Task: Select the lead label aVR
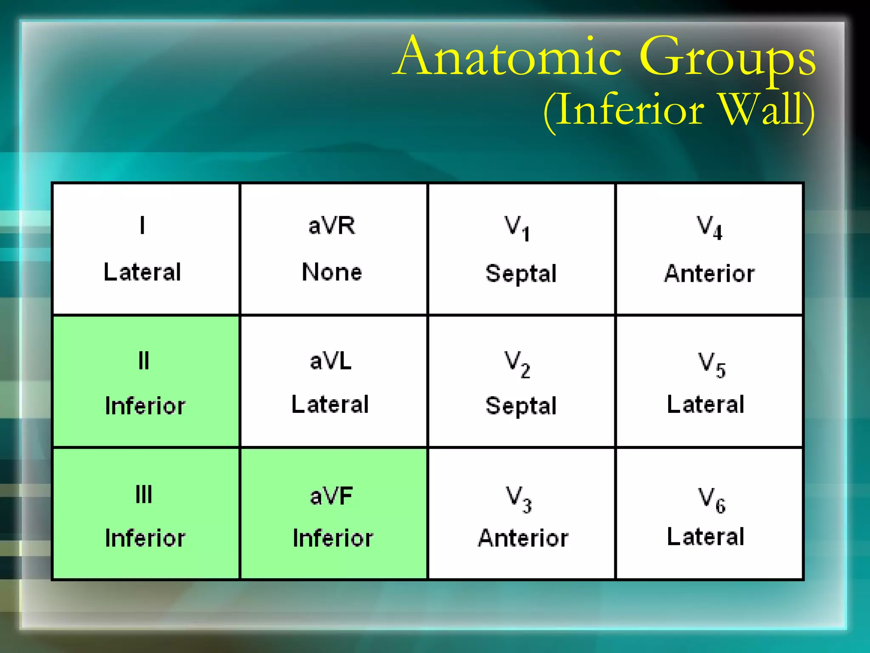332,225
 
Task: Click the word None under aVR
332,272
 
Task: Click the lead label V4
709,228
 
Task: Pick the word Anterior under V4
709,273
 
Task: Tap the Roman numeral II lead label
144,361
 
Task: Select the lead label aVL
331,361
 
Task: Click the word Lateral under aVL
330,404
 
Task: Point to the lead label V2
517,364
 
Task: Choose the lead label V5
712,365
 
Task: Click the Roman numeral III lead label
144,494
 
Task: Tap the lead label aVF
331,496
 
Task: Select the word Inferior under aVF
333,538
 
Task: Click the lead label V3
518,499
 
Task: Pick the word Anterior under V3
523,538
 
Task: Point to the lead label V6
712,500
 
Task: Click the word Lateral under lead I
142,272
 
